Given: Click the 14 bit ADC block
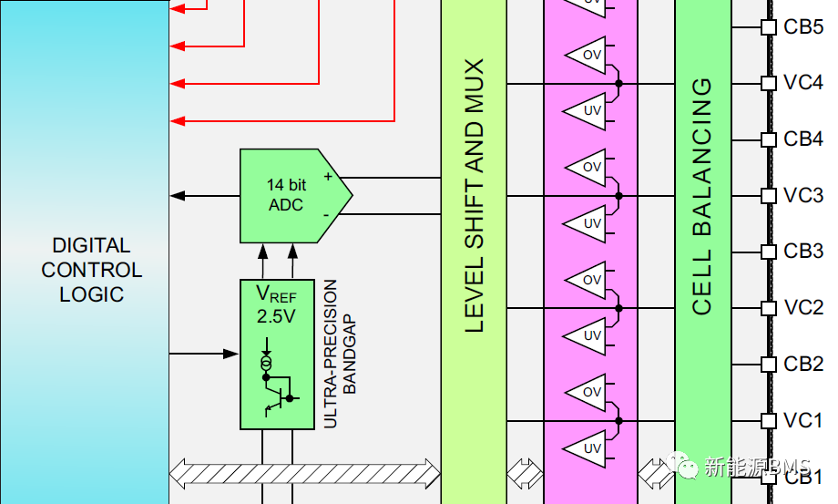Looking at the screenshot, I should pos(286,195).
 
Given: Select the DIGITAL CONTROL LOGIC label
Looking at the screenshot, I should pos(91,270).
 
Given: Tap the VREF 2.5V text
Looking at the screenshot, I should pos(275,304).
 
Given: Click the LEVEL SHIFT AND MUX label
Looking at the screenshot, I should pos(475,196).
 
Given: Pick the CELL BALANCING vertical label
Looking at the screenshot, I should pos(702,196).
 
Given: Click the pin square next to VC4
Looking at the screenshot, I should pos(767,83).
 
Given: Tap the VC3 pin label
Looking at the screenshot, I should pos(803,196).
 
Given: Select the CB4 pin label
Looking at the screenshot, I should pos(803,139).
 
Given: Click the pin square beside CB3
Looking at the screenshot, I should pos(767,252).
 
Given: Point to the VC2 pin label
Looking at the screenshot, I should pos(803,308).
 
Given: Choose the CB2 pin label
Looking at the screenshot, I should pos(803,365).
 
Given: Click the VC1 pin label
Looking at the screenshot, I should pos(803,421).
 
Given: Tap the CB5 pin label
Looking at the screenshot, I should pos(803,26).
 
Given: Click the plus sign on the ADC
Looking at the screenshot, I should pos(327,177).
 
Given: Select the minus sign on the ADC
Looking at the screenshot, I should pos(327,215).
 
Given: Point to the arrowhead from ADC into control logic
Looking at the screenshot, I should pos(178,196).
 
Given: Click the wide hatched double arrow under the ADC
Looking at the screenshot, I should pos(305,470).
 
